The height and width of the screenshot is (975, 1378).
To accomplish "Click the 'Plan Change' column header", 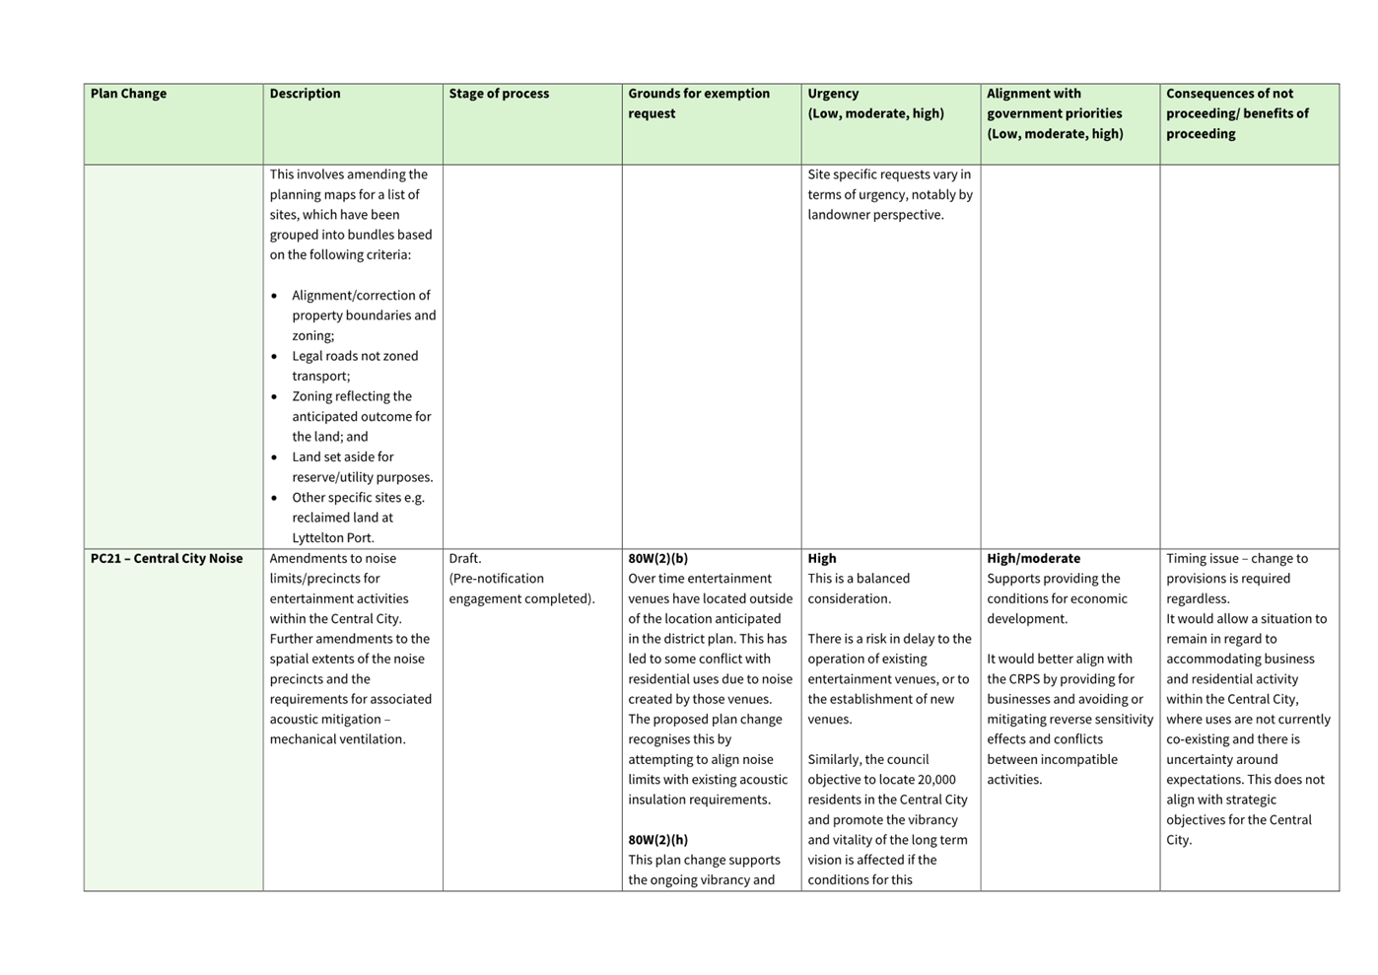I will coord(128,94).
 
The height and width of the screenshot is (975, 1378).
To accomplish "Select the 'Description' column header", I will coord(305,94).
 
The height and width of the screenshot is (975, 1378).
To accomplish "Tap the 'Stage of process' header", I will coord(499,94).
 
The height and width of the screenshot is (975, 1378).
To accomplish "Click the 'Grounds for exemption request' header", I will coord(699,103).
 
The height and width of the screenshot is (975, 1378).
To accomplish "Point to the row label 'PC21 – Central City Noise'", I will coord(167,558).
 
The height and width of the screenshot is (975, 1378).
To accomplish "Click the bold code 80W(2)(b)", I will coord(658,558).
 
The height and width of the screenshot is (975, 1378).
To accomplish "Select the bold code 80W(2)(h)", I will coord(658,840).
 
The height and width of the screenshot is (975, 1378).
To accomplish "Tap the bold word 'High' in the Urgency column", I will coord(822,558).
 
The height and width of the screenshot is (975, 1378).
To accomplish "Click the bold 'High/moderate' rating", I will coord(1033,558).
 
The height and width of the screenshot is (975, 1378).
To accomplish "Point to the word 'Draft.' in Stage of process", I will coord(465,558).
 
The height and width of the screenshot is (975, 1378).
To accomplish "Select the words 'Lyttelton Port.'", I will coord(333,538).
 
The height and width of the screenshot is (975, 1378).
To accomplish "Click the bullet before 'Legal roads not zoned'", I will coord(274,357).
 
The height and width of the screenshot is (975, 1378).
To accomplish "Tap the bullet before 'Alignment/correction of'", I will coord(274,296).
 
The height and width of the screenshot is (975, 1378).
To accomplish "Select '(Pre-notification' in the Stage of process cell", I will coord(497,579).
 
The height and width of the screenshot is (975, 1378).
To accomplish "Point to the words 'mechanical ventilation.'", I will coord(337,739).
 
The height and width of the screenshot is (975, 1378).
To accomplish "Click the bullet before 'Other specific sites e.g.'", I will coord(274,498).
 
